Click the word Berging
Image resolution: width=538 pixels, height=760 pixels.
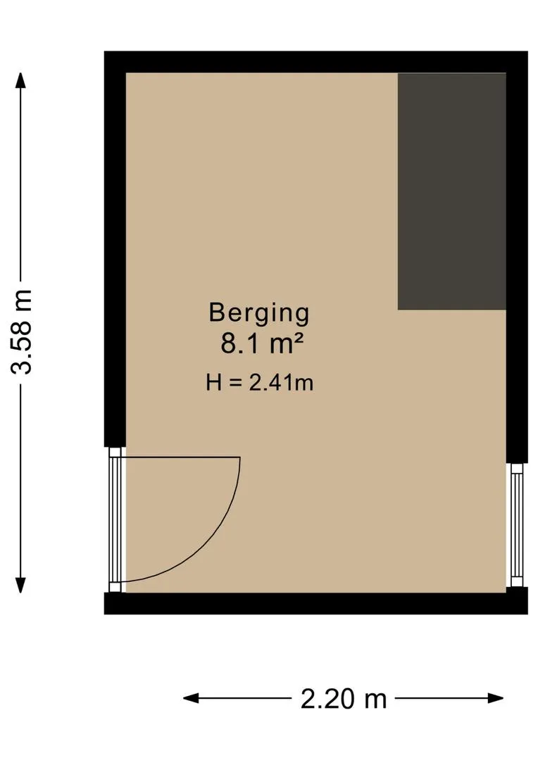point(259,312)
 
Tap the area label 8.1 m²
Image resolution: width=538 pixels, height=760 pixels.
point(262,345)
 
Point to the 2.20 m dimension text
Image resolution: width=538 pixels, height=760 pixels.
point(344,699)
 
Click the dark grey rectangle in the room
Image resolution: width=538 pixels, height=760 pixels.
point(451,191)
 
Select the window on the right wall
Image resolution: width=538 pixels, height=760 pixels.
point(516,524)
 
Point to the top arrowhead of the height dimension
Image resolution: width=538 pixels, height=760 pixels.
point(21,80)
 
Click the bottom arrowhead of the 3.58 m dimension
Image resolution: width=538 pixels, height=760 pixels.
point(21,585)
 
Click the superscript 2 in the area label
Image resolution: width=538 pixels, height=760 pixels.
point(299,338)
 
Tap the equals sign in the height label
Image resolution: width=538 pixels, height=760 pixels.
point(234,383)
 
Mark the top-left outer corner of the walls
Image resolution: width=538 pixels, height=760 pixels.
point(106,52)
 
